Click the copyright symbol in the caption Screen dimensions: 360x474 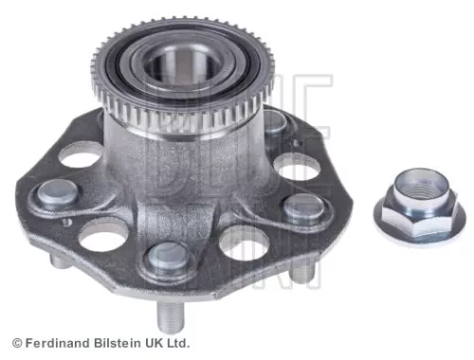click(15, 343)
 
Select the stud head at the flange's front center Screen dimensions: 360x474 click(170, 255)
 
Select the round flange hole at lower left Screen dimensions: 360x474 click(101, 236)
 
